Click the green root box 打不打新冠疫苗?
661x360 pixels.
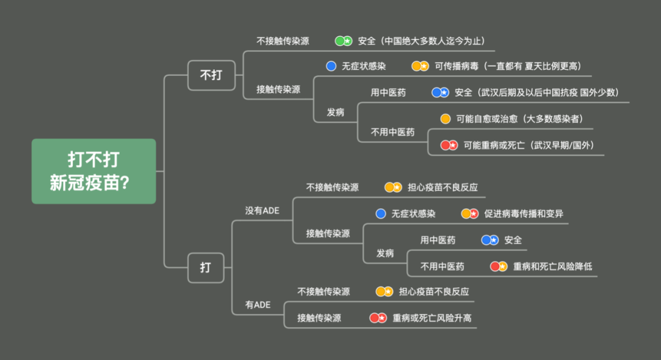[x=94, y=171]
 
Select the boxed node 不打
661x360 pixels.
[x=211, y=75]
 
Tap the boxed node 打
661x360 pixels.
[x=206, y=268]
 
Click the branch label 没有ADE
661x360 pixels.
[x=262, y=211]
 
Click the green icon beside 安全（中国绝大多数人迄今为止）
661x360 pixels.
[x=343, y=41]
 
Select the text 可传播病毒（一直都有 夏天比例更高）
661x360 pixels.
[x=507, y=66]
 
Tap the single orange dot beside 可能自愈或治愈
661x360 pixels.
[x=445, y=119]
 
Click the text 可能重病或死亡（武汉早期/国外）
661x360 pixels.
[x=529, y=146]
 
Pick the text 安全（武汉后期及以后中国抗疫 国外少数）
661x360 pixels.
[x=537, y=92]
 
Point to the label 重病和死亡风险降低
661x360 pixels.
[x=552, y=266]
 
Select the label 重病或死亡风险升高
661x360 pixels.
[x=432, y=318]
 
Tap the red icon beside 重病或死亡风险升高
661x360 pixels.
[x=378, y=318]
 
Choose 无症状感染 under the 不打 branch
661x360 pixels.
[x=364, y=66]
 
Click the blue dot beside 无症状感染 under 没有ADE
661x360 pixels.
[x=381, y=214]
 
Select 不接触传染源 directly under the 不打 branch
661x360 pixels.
[x=282, y=41]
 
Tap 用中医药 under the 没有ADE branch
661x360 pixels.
[x=438, y=240]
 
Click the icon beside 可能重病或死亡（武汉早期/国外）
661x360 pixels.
[x=449, y=146]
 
